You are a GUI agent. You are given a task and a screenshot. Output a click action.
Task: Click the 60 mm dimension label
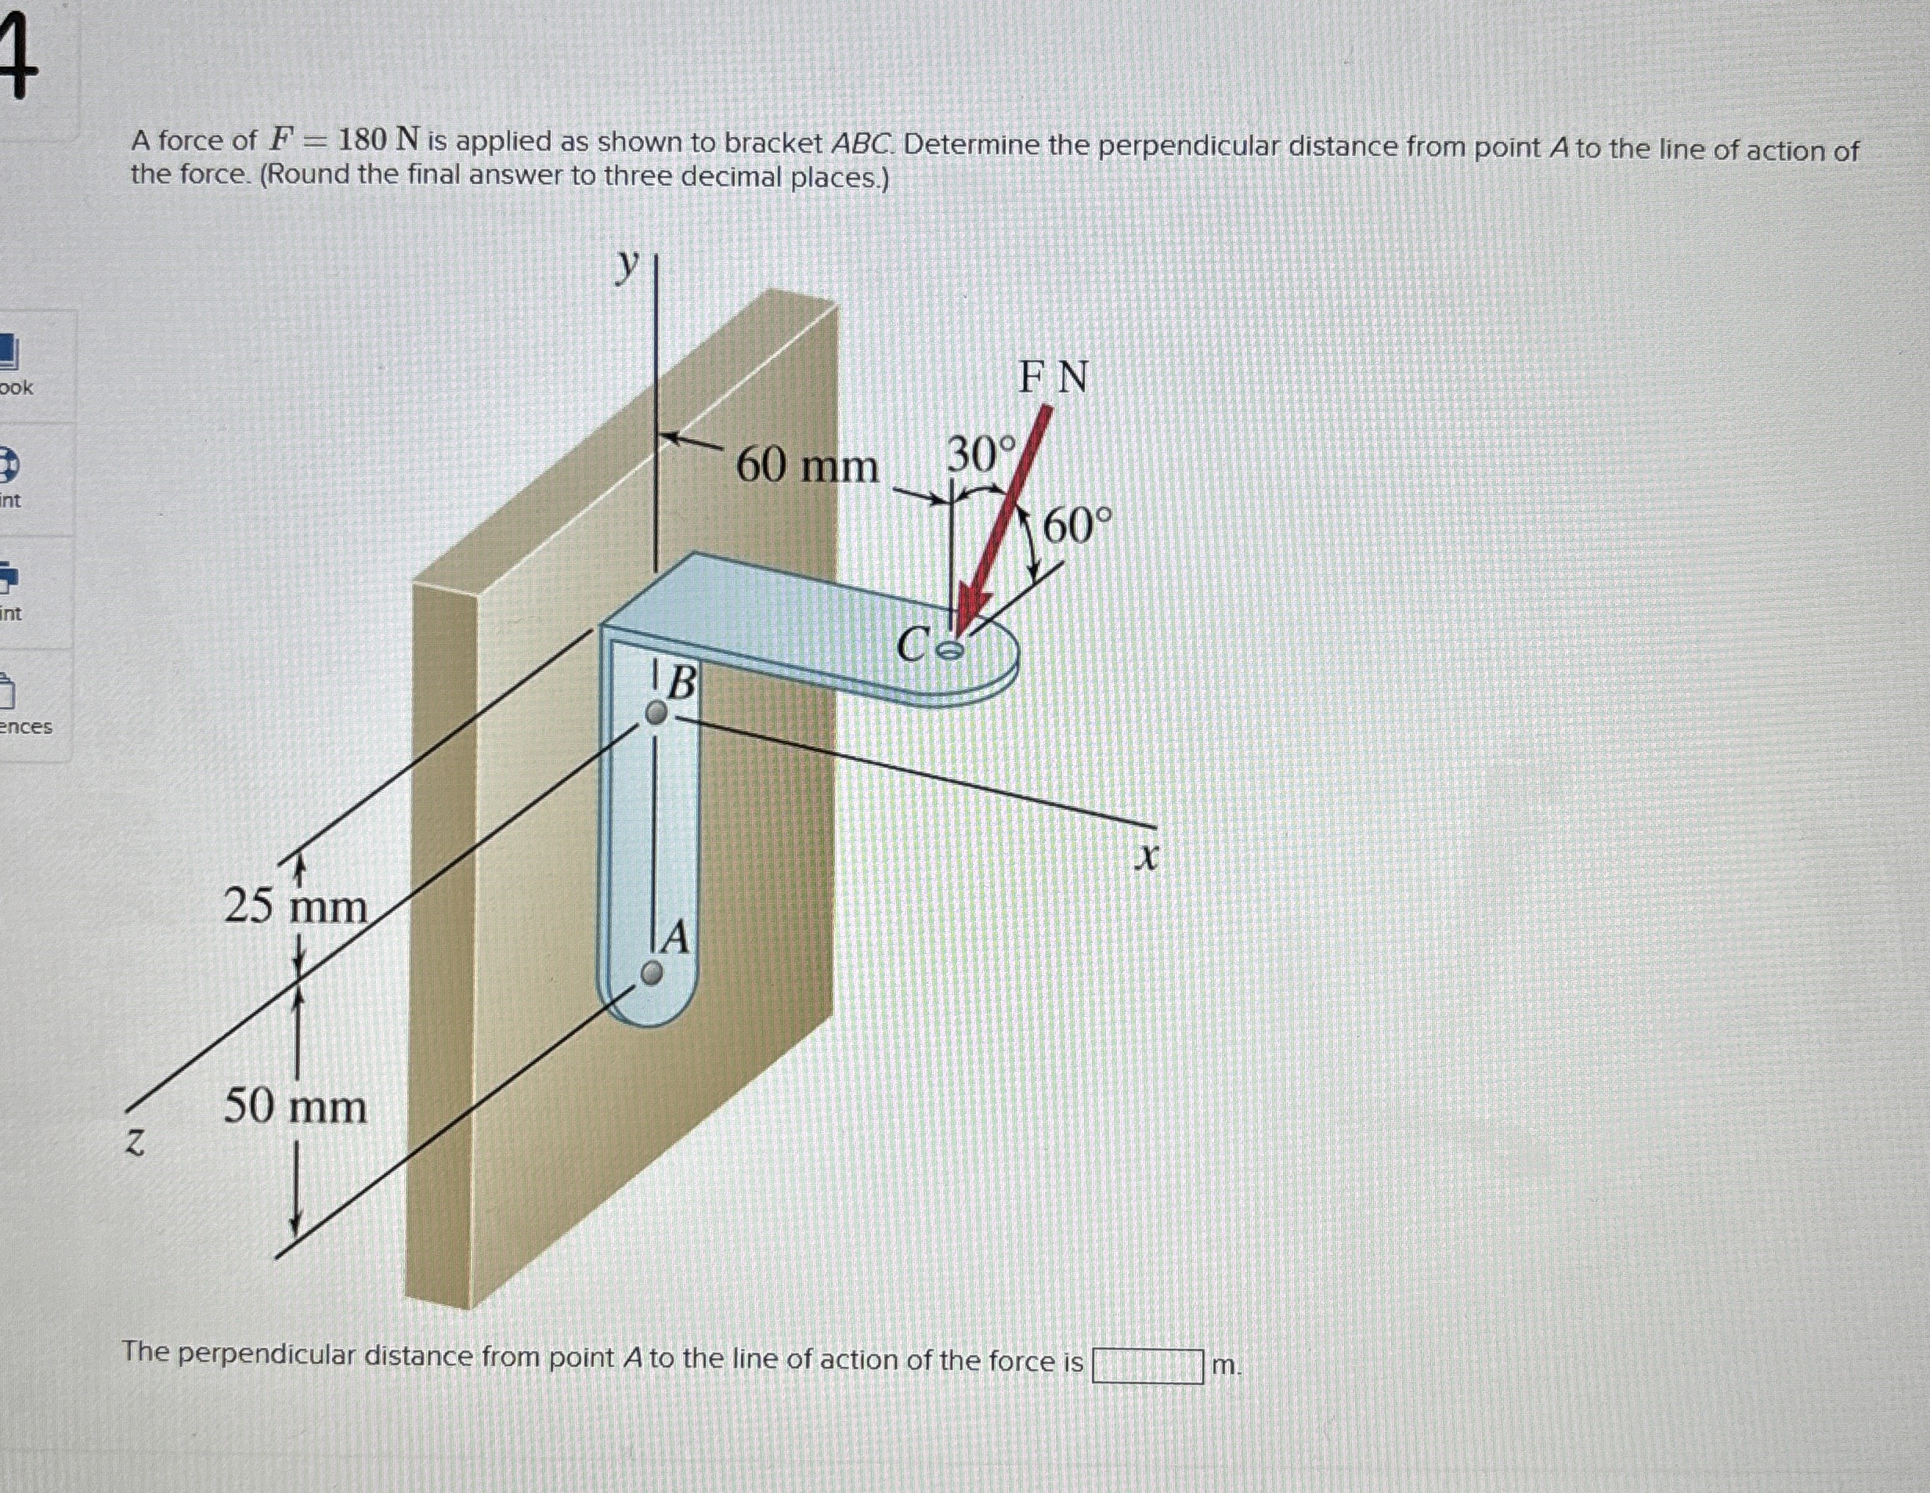[807, 466]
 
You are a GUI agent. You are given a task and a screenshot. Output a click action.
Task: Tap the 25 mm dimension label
[295, 907]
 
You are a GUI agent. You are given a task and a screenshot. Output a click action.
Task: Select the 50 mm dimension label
[295, 1107]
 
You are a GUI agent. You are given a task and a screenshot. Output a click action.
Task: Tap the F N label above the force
[1054, 378]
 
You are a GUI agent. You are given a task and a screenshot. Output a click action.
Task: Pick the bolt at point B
[656, 714]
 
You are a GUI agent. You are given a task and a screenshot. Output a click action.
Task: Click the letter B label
[681, 683]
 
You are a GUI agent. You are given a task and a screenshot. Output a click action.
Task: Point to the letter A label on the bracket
[675, 938]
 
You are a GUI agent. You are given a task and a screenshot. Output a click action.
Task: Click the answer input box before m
[1147, 1365]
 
